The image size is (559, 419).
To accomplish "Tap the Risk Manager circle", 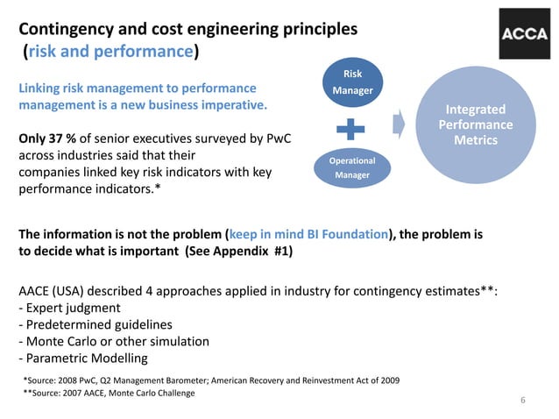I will pos(352,82).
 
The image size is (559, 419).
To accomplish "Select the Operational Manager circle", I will pos(351,167).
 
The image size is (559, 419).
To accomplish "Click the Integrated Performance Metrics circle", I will pos(476,124).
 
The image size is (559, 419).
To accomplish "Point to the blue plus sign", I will pos(351,128).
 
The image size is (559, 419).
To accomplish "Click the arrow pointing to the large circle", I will pos(399,124).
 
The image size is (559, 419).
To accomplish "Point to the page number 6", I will pos(522,401).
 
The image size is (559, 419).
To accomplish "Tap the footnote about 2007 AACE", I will pos(110,393).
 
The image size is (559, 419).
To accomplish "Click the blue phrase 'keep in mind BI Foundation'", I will pos(308,235).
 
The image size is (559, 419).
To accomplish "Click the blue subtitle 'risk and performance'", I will pos(110,51).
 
